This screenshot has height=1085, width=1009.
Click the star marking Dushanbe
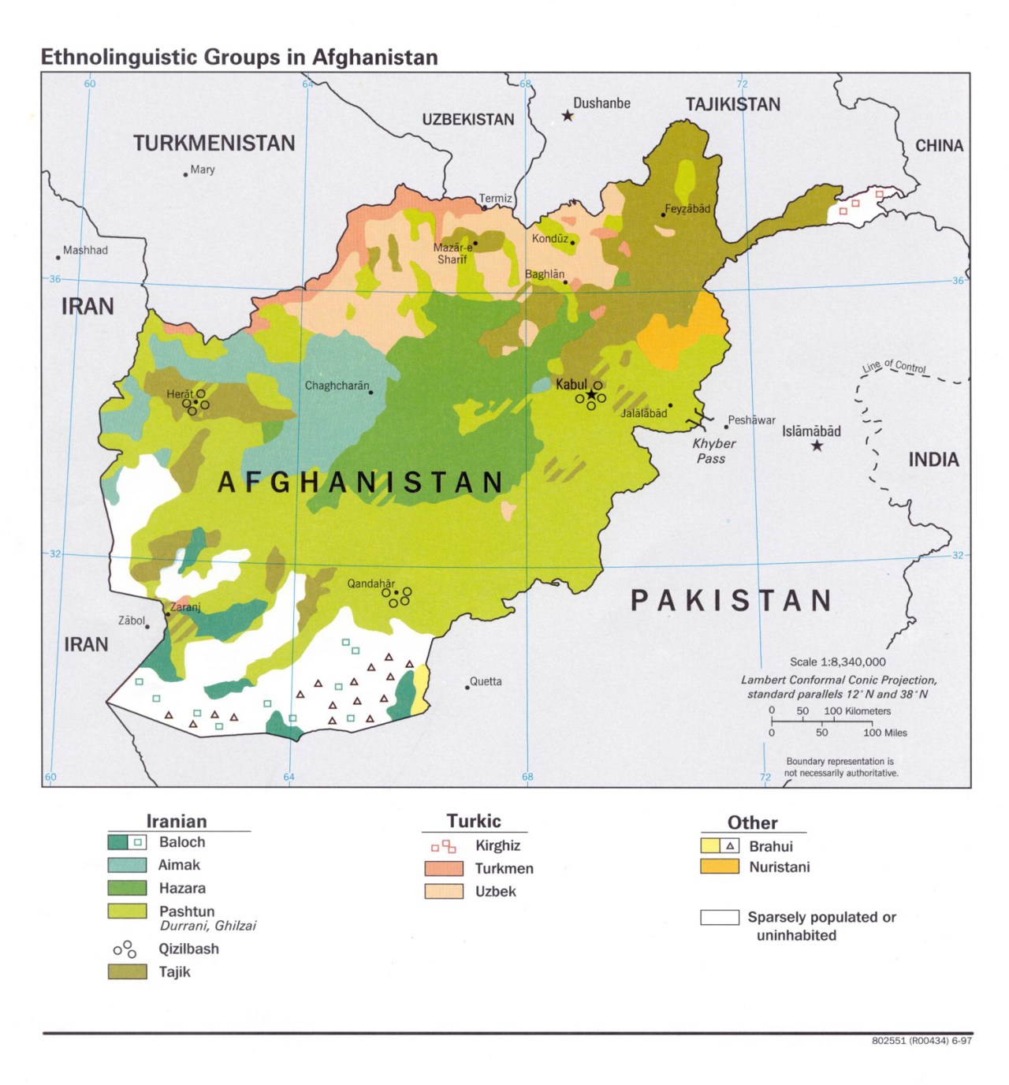point(568,116)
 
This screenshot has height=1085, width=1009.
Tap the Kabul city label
point(571,384)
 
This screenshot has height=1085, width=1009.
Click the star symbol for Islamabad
point(817,446)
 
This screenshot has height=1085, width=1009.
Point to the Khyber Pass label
point(713,451)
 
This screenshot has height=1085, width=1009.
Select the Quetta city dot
point(467,687)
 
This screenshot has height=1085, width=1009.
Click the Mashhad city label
point(85,250)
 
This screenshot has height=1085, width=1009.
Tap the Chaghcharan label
point(337,386)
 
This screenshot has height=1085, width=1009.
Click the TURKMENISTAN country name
point(214,143)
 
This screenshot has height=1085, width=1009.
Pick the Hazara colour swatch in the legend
point(127,888)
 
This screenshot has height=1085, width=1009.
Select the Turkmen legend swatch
point(444,868)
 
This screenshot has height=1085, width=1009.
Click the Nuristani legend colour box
point(720,867)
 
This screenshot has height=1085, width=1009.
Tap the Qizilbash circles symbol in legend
point(125,949)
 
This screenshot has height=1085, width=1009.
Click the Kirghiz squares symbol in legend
point(444,846)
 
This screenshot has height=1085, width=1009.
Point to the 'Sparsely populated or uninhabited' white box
point(720,917)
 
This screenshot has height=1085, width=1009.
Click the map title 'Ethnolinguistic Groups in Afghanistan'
point(239,57)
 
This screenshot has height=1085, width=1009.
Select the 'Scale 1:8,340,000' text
point(837,662)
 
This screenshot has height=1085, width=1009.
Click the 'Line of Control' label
point(894,366)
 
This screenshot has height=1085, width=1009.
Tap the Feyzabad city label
point(687,209)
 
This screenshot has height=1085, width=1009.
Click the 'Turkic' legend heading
point(474,821)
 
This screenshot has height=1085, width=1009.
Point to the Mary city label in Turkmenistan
point(203,170)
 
